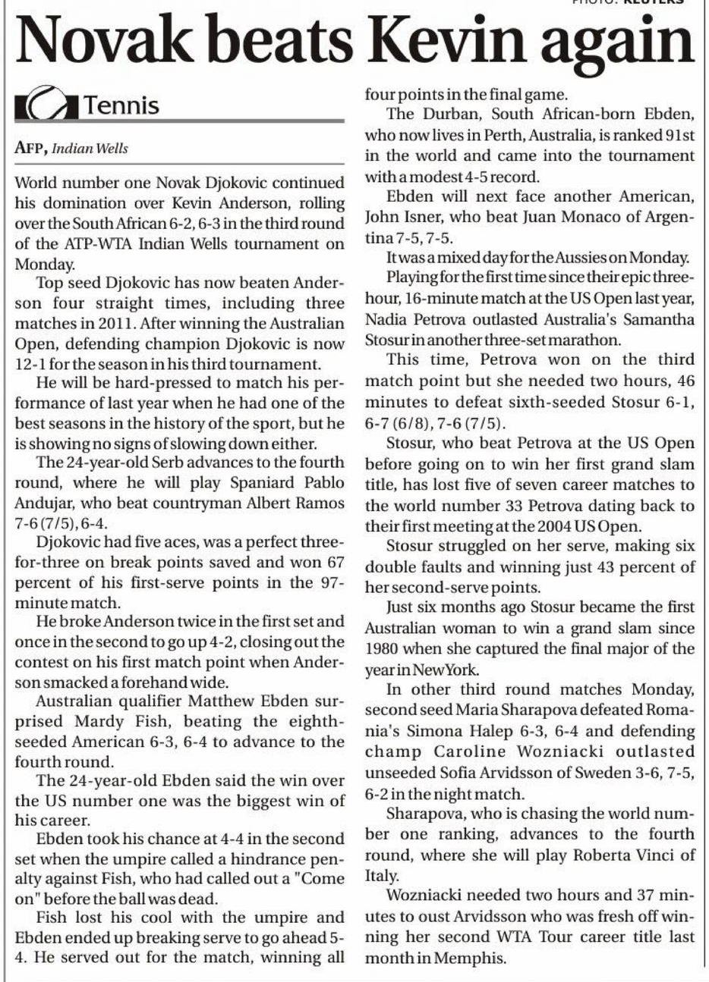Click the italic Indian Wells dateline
pyautogui.click(x=90, y=149)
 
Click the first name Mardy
pyautogui.click(x=93, y=720)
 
